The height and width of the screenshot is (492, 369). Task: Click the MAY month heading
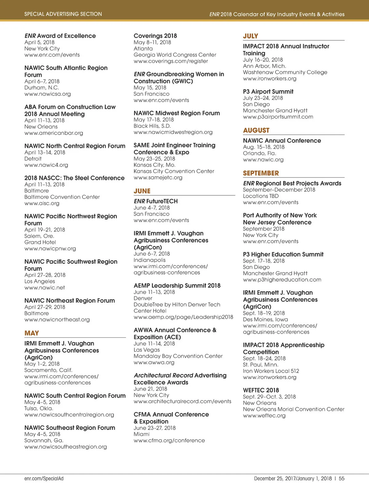pos(32,333)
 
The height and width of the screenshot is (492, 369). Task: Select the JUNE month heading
pos(142,191)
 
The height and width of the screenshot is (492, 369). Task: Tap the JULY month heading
pos(251,36)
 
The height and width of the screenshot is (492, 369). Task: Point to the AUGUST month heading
pos(256,130)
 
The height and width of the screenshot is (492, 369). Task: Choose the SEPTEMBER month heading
pos(261,173)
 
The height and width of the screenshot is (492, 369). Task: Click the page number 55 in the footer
pos(342,478)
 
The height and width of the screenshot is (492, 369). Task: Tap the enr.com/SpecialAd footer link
pos(44,478)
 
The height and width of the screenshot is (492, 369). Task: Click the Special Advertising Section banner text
pos(63,14)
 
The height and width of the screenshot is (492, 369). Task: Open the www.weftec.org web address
pos(264,415)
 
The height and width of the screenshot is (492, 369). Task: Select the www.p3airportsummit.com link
pos(278,117)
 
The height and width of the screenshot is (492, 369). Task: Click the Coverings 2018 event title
pos(155,36)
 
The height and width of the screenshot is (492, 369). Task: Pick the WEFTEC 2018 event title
pos(261,390)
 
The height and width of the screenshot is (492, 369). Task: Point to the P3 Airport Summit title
pos(268,92)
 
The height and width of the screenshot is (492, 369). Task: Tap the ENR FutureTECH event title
pos(156,201)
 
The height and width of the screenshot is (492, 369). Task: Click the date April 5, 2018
pos(39,42)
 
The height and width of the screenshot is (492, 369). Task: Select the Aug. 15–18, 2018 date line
pos(264,147)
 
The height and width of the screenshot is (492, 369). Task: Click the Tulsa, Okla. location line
pos(39,408)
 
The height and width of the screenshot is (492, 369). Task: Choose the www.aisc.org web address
pos(42,203)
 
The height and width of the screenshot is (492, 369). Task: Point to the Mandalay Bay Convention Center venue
pos(178,356)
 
